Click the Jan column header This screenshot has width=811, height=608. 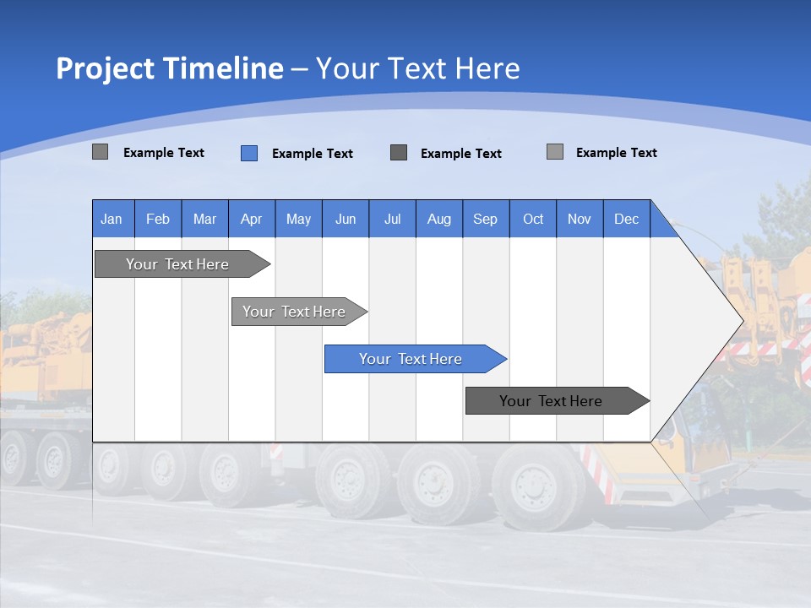pyautogui.click(x=112, y=219)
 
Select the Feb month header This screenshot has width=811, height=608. pyautogui.click(x=158, y=219)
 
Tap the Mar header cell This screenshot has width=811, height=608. pyautogui.click(x=204, y=219)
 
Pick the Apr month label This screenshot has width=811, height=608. pyautogui.click(x=252, y=219)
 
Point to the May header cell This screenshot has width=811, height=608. pyautogui.click(x=298, y=219)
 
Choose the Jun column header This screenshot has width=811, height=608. pyautogui.click(x=346, y=219)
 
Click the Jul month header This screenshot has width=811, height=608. pyautogui.click(x=392, y=219)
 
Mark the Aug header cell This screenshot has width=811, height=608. pyautogui.click(x=439, y=219)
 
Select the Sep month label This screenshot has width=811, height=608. pyautogui.click(x=486, y=219)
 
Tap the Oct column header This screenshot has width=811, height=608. pyautogui.click(x=533, y=219)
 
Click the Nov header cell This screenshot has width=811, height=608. pyautogui.click(x=580, y=219)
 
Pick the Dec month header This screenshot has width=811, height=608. pyautogui.click(x=627, y=219)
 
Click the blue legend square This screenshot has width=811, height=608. pyautogui.click(x=249, y=153)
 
